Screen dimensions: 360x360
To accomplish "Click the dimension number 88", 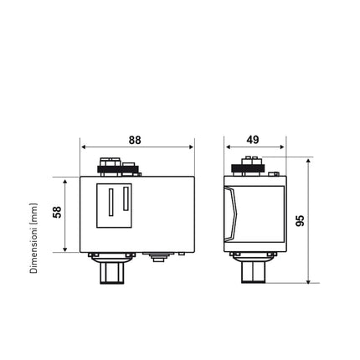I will pyautogui.click(x=135, y=140).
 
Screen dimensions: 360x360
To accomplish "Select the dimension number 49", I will pyautogui.click(x=255, y=140).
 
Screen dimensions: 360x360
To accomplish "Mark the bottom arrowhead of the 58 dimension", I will pyautogui.click(x=66, y=249).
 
